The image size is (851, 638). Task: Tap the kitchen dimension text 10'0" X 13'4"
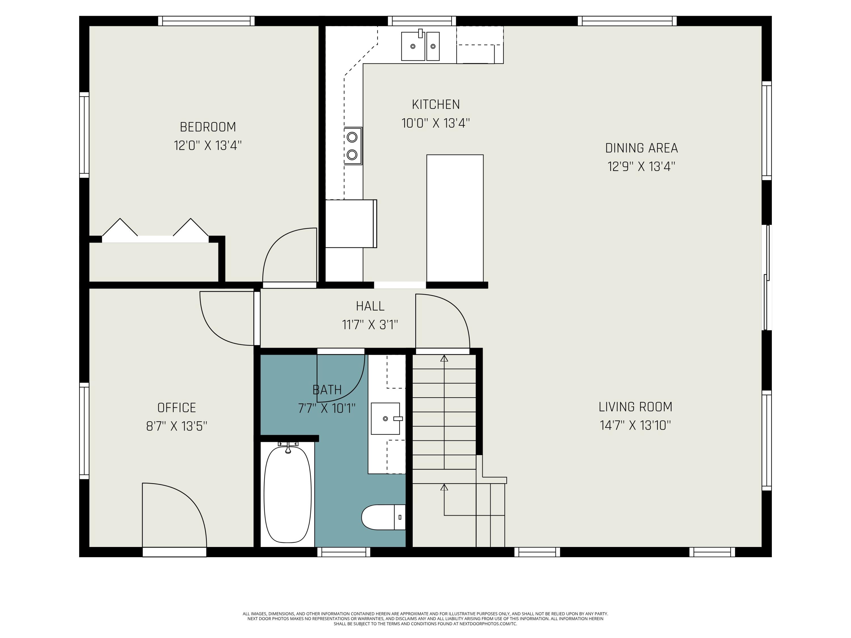coord(435,123)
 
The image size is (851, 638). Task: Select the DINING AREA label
coord(641,148)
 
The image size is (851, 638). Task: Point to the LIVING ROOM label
coord(635,407)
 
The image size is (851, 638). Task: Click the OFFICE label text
coord(177,408)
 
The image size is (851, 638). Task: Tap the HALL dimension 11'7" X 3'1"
coord(370,325)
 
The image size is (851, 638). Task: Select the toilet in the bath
coord(383,517)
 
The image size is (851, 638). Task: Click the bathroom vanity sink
coord(386,419)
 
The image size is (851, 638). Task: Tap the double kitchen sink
coord(420,46)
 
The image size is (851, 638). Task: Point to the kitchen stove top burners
coord(352,146)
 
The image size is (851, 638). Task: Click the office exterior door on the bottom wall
coord(174,552)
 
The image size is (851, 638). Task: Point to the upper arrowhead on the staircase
coord(444,358)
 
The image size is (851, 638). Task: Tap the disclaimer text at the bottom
coord(425,619)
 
